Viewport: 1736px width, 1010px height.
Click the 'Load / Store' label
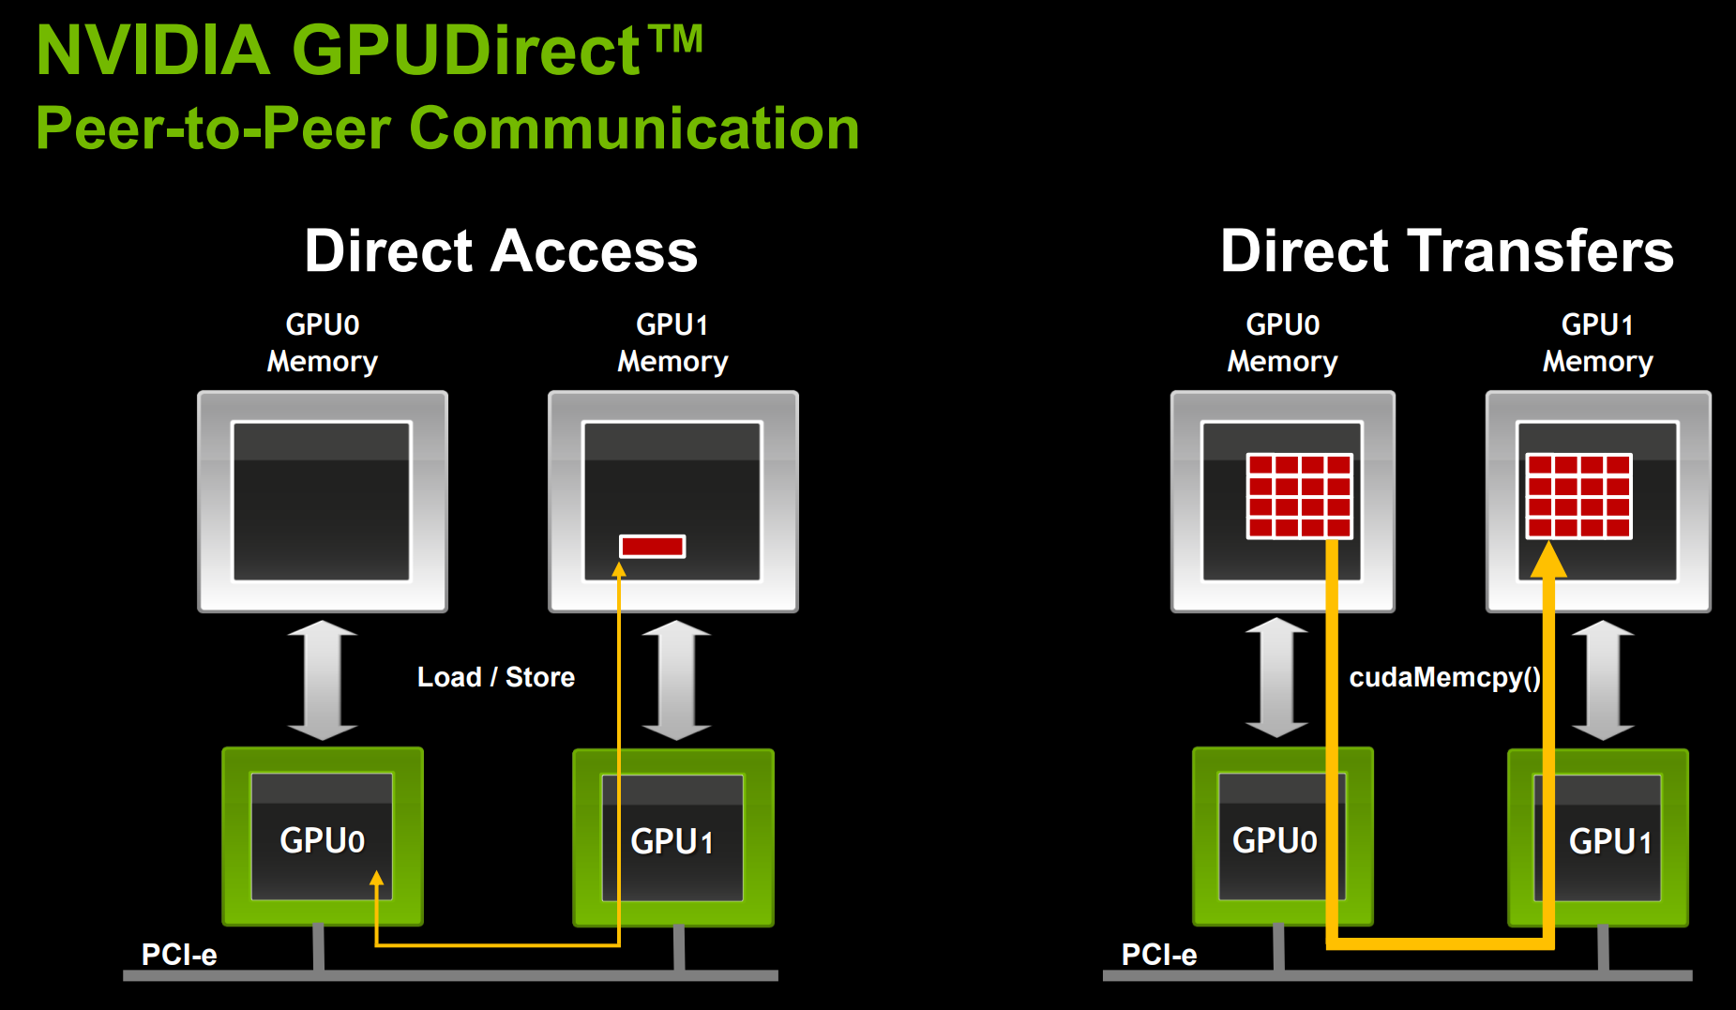click(x=495, y=677)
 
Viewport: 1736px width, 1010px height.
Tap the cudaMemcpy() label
click(x=1444, y=677)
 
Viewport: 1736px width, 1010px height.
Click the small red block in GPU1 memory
click(x=653, y=546)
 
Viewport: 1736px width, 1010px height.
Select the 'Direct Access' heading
click(x=501, y=251)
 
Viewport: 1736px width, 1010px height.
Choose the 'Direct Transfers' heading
click(x=1446, y=251)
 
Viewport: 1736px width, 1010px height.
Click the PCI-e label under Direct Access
click(x=178, y=955)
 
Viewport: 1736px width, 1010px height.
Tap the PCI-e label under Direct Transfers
click(x=1159, y=955)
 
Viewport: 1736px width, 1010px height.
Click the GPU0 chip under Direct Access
click(x=322, y=837)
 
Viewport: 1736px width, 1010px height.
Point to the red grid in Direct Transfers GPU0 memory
click(x=1299, y=496)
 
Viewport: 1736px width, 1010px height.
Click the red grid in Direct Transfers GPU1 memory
click(x=1579, y=496)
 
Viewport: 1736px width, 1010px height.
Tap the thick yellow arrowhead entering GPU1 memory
click(x=1548, y=560)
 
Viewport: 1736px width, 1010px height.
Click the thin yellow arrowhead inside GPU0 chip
click(x=376, y=879)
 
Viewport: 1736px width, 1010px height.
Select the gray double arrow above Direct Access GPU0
click(x=322, y=679)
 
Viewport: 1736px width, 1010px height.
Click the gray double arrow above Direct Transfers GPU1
click(x=1603, y=679)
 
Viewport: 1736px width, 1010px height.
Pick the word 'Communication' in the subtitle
click(x=634, y=128)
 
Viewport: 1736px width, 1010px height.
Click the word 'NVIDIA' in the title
click(x=153, y=51)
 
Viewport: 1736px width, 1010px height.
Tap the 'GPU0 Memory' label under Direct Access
click(x=322, y=343)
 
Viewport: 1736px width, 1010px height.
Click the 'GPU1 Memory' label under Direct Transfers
click(x=1597, y=343)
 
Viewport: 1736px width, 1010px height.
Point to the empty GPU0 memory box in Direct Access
click(x=322, y=501)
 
